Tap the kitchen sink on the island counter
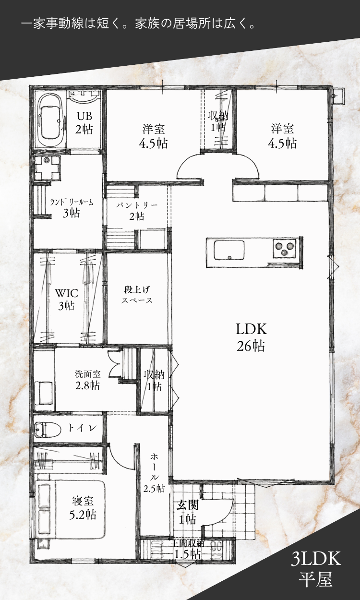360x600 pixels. (x=229, y=250)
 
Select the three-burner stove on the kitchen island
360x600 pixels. (x=285, y=249)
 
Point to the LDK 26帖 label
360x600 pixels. (x=251, y=337)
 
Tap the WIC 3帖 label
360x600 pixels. (x=67, y=300)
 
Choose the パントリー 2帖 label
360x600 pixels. (x=137, y=211)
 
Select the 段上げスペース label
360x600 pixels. (x=137, y=295)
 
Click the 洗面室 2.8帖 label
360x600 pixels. (x=87, y=380)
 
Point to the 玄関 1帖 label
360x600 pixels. (x=188, y=513)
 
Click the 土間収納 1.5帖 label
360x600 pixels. (x=188, y=549)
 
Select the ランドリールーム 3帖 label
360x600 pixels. (x=72, y=208)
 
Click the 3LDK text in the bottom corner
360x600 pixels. (x=316, y=559)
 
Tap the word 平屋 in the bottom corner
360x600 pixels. (x=316, y=579)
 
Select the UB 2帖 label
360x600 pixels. (x=84, y=123)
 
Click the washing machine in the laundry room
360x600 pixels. (x=47, y=168)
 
